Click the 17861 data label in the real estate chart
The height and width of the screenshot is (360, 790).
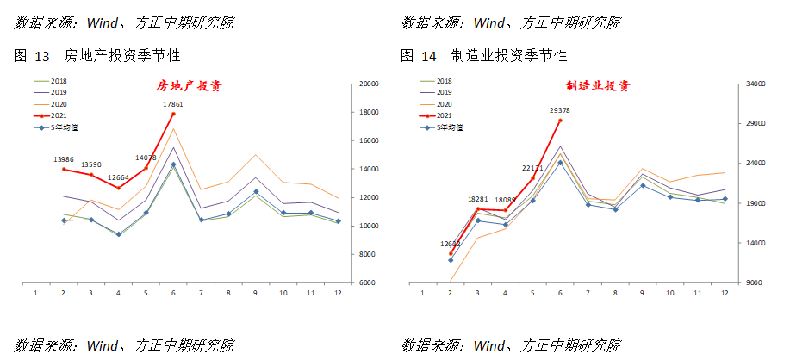(x=173, y=104)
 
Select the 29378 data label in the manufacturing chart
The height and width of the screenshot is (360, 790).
(x=559, y=110)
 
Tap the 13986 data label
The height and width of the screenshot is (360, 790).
(x=63, y=159)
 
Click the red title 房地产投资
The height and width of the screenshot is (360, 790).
(x=189, y=86)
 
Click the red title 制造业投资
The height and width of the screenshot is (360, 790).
(x=598, y=86)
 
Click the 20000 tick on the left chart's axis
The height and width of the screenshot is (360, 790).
(x=370, y=84)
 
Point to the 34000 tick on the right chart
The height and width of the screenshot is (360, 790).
(x=756, y=84)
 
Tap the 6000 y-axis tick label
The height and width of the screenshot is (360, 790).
(x=368, y=282)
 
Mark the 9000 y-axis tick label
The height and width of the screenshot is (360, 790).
(x=753, y=282)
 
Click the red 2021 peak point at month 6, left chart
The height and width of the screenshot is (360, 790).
(x=173, y=114)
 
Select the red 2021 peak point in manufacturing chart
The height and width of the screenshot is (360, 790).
(x=560, y=121)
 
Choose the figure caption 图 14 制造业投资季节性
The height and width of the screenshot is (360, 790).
(x=483, y=56)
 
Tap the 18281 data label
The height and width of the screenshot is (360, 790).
(x=478, y=199)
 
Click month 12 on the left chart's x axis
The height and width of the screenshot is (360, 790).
(x=339, y=293)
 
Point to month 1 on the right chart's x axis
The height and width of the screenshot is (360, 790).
(x=422, y=293)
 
